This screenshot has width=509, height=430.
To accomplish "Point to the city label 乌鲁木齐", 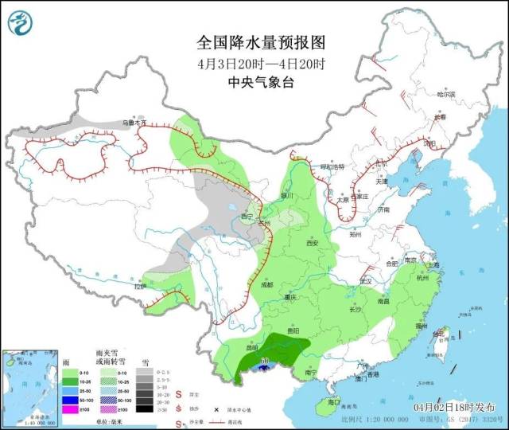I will (134, 123).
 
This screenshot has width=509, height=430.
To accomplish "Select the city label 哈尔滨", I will (449, 95).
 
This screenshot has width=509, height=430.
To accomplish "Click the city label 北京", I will (381, 165).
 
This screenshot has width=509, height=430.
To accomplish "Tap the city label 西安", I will (309, 242).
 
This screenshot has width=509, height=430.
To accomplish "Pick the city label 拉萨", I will (140, 286).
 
